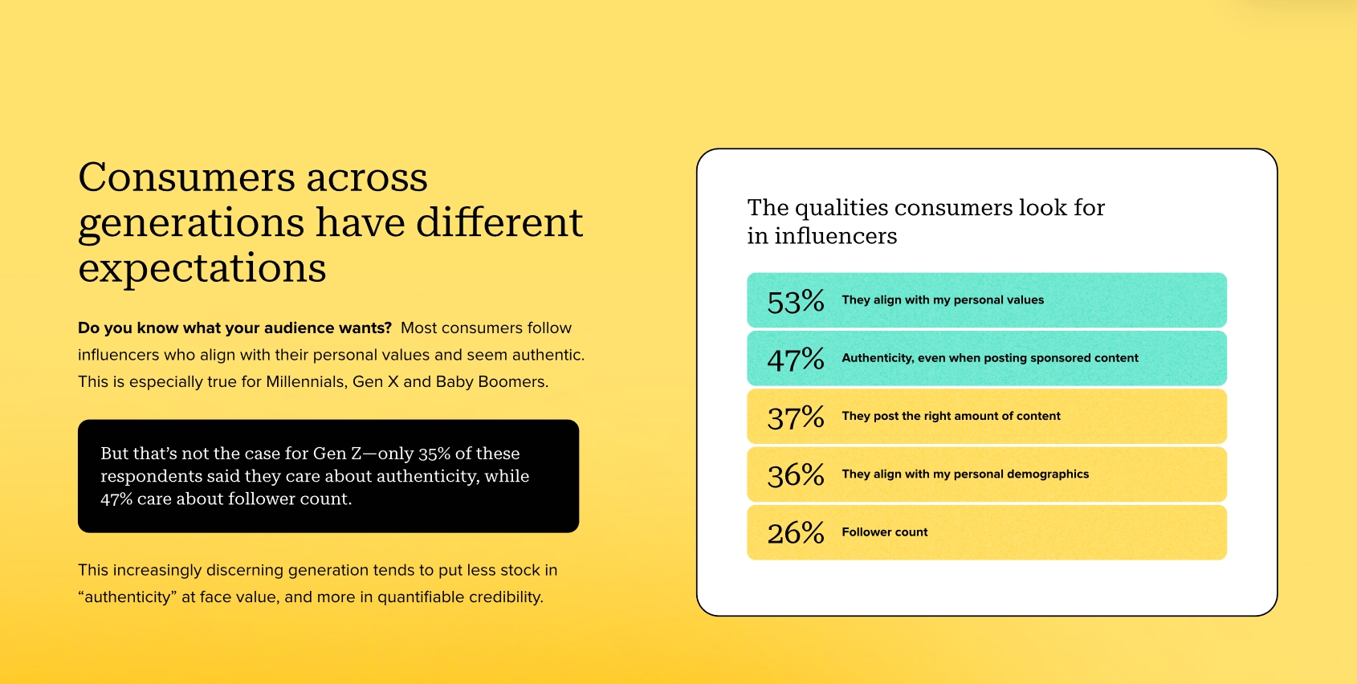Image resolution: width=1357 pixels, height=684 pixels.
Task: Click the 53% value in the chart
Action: pyautogui.click(x=796, y=301)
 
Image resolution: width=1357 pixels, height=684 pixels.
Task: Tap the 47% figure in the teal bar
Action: pyautogui.click(x=796, y=360)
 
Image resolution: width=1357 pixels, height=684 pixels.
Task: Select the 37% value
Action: pyautogui.click(x=796, y=417)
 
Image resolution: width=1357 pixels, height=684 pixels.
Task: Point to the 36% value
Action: pyautogui.click(x=796, y=475)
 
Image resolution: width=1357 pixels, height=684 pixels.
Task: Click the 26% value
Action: pyautogui.click(x=796, y=533)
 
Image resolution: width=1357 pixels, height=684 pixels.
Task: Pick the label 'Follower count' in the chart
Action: pyautogui.click(x=885, y=532)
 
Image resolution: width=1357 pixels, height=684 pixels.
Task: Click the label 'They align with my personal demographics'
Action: pyautogui.click(x=965, y=474)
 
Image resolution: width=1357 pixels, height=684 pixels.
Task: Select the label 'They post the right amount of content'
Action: pyautogui.click(x=952, y=416)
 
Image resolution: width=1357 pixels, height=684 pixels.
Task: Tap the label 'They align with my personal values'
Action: pyautogui.click(x=943, y=300)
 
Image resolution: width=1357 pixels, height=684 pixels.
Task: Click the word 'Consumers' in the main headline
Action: pyautogui.click(x=186, y=177)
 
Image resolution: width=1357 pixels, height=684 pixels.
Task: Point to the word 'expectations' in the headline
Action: pyautogui.click(x=202, y=268)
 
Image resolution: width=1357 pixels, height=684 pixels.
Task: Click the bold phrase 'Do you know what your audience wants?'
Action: pyautogui.click(x=235, y=328)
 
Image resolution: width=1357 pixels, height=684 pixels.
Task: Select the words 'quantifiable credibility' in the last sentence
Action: pyautogui.click(x=460, y=597)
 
